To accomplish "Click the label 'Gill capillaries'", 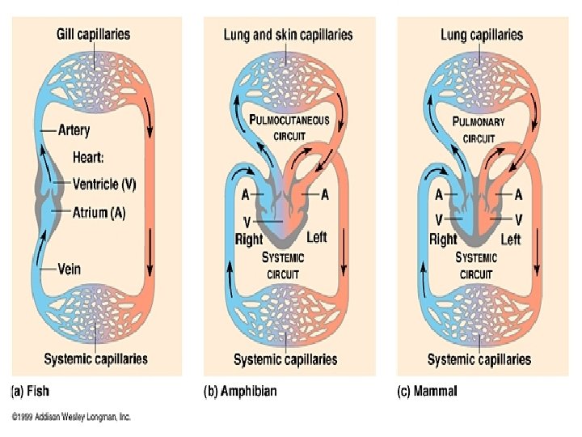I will point(93,34).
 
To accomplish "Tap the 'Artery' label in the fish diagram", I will point(74,129).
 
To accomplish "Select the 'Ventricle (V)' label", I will point(105,184).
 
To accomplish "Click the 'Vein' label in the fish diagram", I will point(70,269).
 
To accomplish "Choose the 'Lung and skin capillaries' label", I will point(288,34).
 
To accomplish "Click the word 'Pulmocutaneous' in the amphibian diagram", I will point(289,121).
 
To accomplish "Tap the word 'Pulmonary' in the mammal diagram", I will point(479,122).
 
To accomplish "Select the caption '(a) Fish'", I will point(30,391).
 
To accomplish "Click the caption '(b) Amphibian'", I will point(239,391).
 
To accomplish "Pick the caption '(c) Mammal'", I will point(427,391).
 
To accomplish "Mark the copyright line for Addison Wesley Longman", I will point(71,417).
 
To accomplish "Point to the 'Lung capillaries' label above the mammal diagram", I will point(482,34).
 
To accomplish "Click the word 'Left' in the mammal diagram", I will point(511,240).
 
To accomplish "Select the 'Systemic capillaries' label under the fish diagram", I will point(96,359).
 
